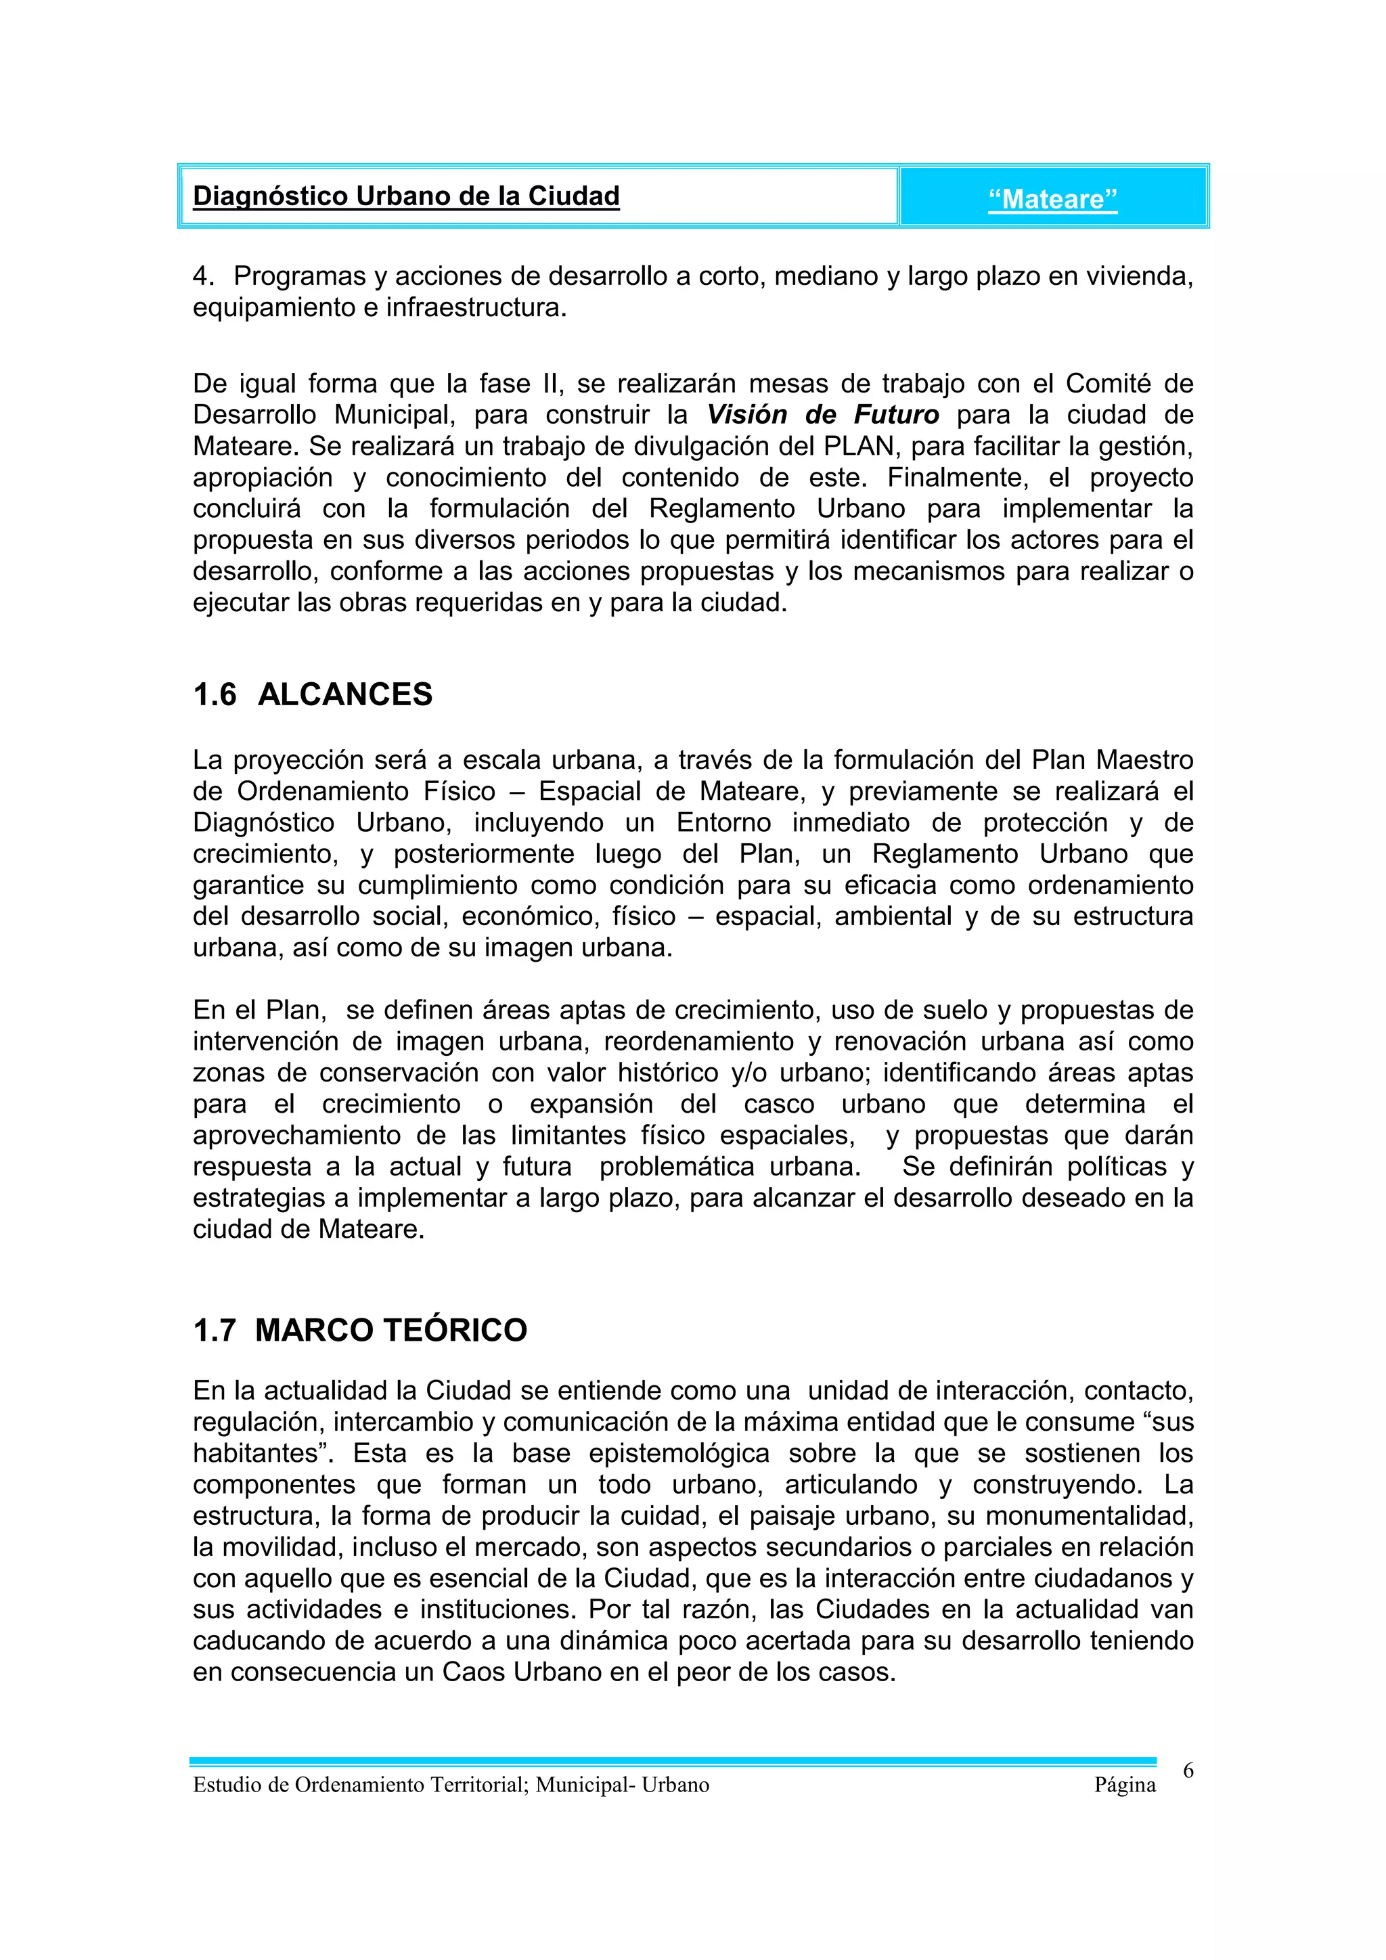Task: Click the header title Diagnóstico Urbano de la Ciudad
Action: click(406, 196)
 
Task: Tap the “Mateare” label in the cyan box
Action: click(1052, 200)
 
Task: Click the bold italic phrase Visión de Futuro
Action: click(823, 415)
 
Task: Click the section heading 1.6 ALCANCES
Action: click(313, 694)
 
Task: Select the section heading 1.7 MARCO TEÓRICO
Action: click(360, 1330)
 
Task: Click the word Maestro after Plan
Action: click(1144, 760)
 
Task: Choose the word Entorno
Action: click(723, 823)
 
